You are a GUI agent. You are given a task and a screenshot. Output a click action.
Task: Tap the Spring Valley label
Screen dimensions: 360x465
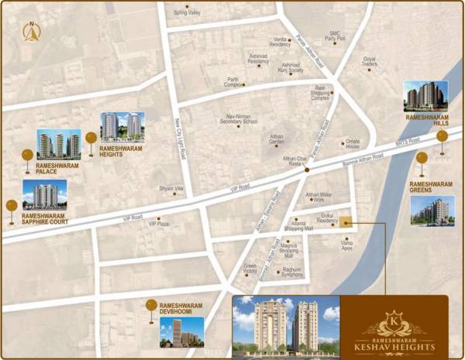tap(187, 13)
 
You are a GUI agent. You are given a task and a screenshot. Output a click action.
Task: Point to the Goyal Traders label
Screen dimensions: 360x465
tap(370, 62)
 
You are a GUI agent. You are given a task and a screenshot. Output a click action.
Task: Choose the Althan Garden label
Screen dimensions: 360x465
tap(277, 139)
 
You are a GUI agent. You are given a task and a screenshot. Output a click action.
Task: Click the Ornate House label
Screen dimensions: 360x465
tap(353, 145)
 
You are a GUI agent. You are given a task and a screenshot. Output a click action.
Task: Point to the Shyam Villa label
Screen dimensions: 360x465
tap(171, 188)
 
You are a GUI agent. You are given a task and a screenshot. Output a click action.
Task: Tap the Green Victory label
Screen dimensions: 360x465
tap(250, 268)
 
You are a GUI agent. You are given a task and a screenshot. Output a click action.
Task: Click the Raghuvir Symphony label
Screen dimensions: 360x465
tap(291, 272)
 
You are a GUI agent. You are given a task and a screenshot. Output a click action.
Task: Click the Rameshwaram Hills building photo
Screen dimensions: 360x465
tap(425, 95)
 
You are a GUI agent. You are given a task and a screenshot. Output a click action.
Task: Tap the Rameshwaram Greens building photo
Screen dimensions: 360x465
tap(432, 210)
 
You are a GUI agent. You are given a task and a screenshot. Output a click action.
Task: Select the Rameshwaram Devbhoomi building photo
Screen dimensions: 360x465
tap(181, 331)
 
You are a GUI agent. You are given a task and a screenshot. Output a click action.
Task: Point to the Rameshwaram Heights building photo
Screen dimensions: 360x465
tap(122, 125)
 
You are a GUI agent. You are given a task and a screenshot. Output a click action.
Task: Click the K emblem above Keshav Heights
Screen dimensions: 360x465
tap(393, 318)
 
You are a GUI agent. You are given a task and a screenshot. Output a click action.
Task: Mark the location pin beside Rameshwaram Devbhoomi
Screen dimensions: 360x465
tap(150, 308)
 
